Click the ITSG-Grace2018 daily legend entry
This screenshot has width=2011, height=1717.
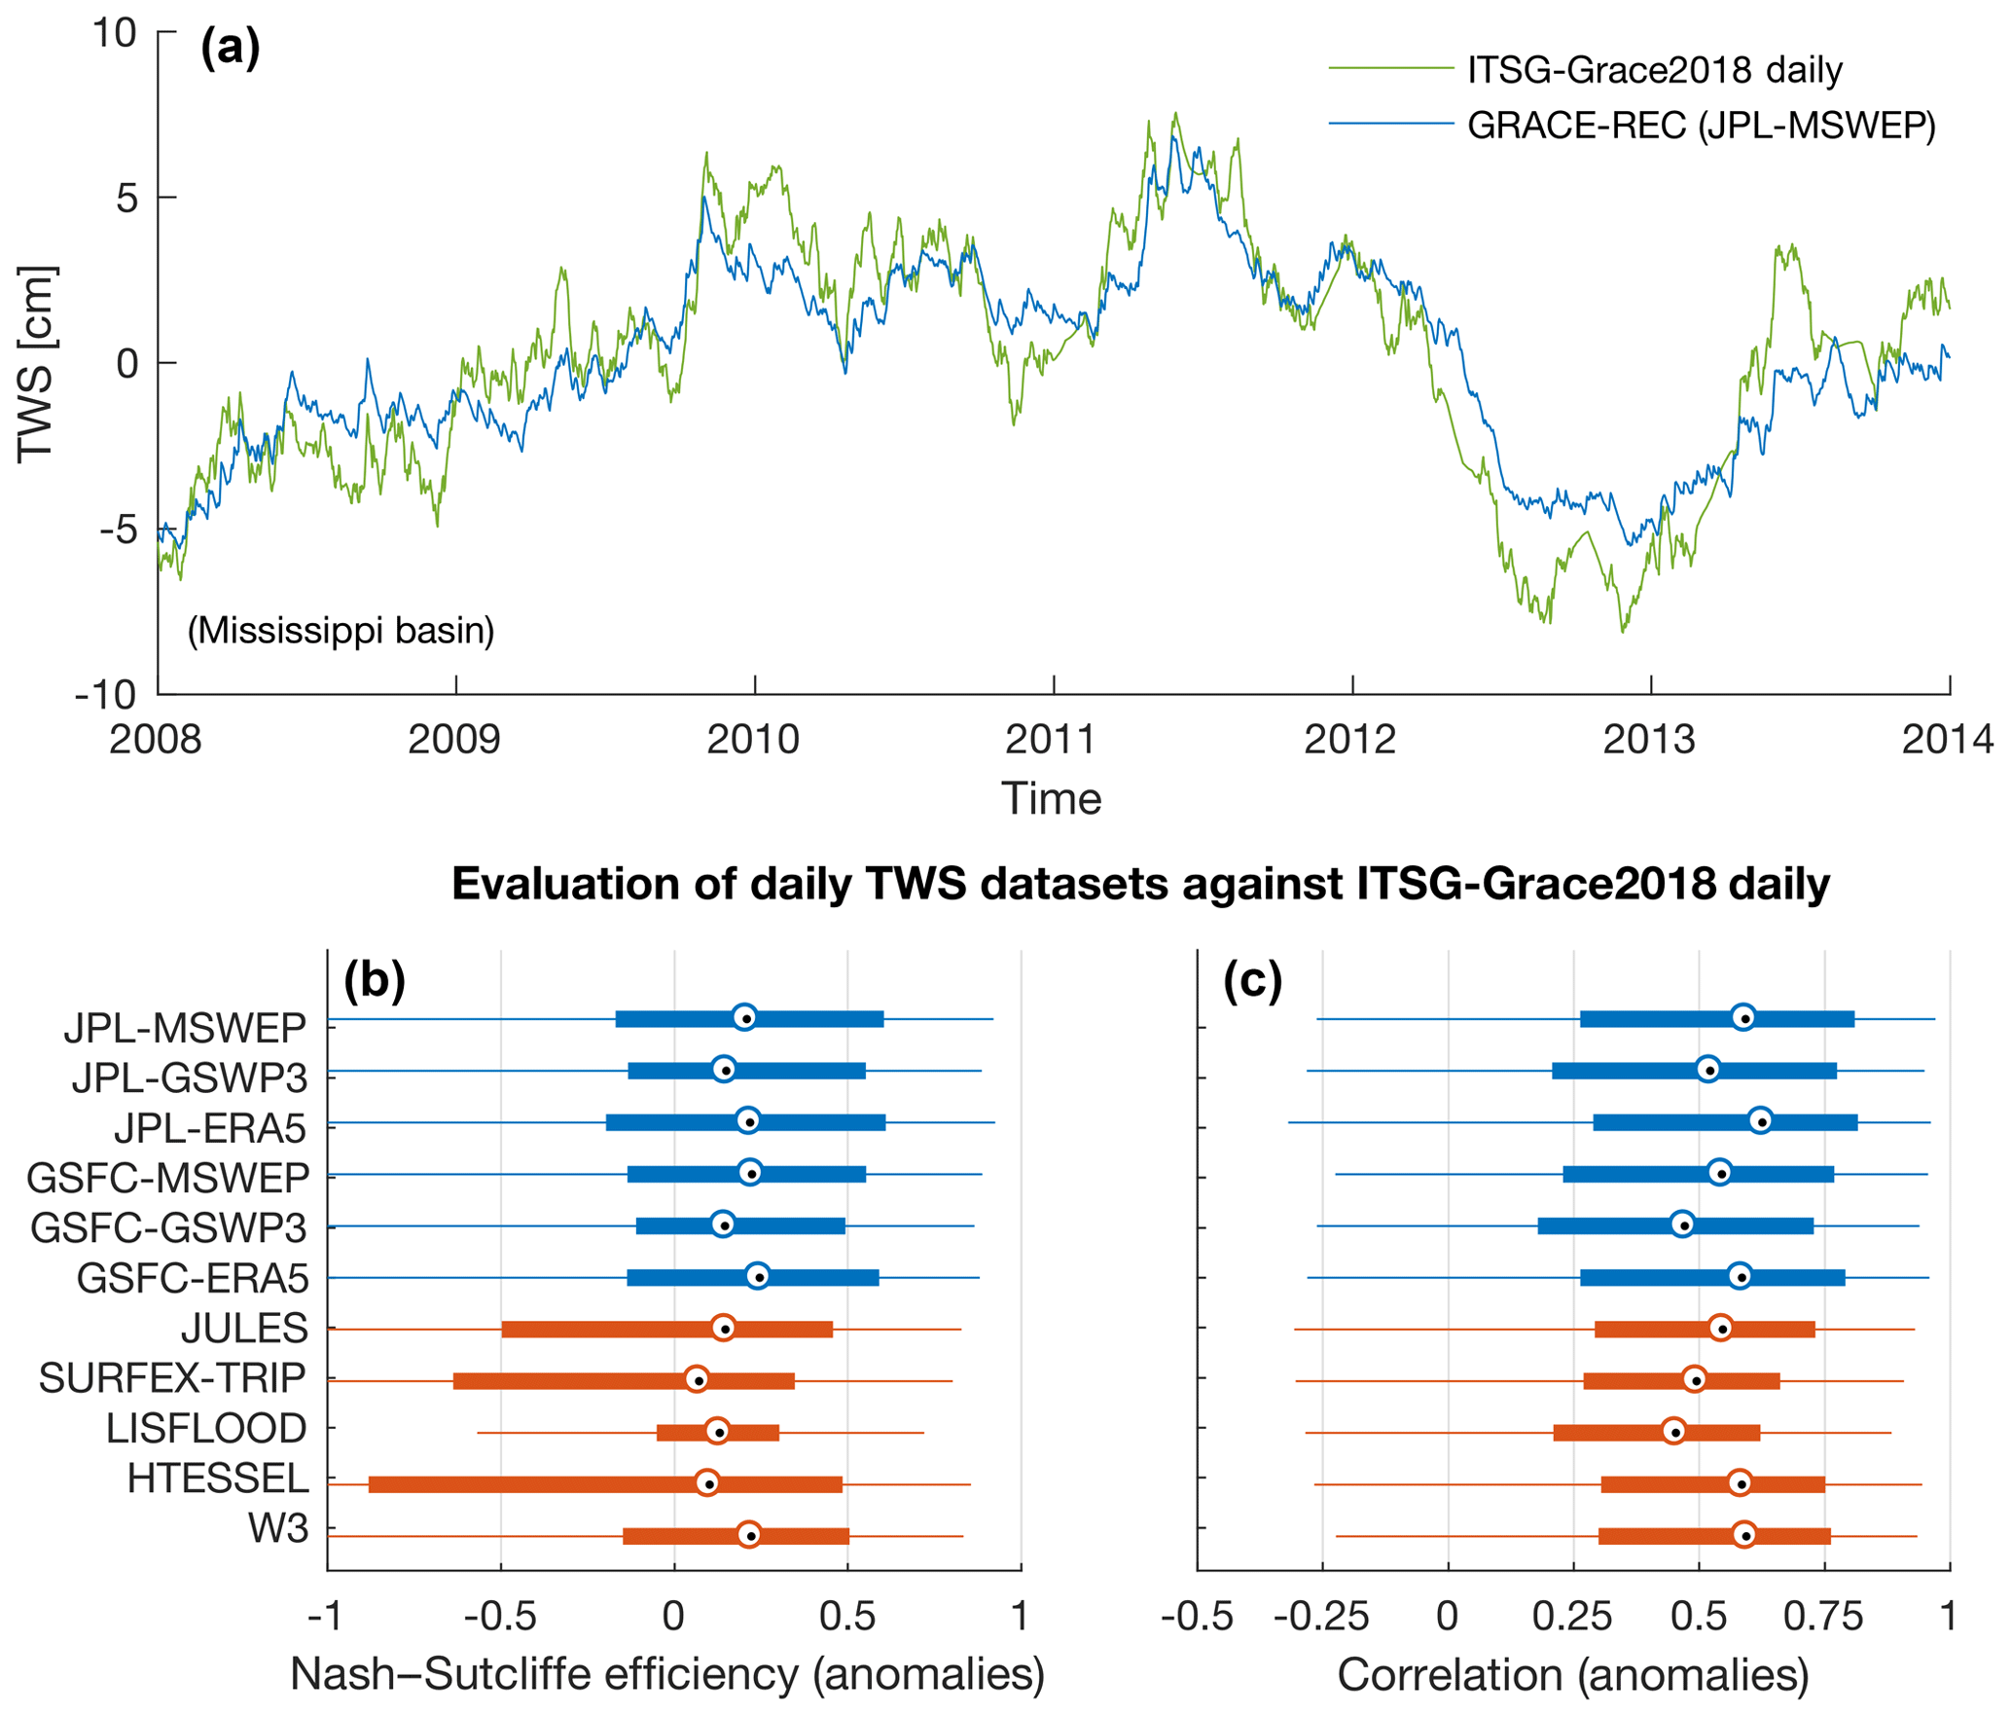[x=1654, y=70]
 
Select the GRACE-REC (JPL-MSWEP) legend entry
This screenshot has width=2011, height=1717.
[x=1701, y=126]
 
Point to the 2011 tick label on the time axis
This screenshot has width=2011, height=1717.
[x=1051, y=741]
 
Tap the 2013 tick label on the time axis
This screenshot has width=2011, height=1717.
[x=1648, y=741]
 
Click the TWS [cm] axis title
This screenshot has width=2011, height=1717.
[x=37, y=364]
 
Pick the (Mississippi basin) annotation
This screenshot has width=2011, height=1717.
[x=341, y=631]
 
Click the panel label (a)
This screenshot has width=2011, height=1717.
[x=230, y=47]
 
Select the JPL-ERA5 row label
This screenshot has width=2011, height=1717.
[x=210, y=1128]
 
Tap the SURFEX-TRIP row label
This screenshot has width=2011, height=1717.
[x=172, y=1378]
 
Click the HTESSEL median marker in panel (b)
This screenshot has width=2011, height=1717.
[x=708, y=1482]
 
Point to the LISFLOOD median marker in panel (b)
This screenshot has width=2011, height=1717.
[x=717, y=1431]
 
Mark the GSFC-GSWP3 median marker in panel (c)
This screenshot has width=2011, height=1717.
[x=1683, y=1224]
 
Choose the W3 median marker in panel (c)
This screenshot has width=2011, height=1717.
[x=1744, y=1535]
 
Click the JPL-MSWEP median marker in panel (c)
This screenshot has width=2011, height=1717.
[x=1743, y=1017]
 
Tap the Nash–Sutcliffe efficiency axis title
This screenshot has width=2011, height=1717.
[x=667, y=1675]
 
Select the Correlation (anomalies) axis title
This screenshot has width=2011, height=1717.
[x=1573, y=1675]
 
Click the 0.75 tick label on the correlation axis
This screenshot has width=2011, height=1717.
[x=1823, y=1617]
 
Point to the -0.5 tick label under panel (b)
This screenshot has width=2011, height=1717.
[x=500, y=1617]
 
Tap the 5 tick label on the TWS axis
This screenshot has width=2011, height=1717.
[x=126, y=199]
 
